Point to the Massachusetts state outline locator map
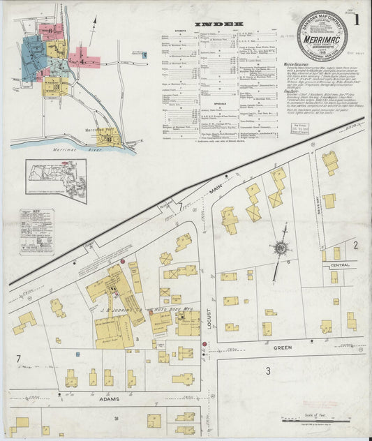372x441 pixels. [56, 180]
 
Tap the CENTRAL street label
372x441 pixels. [340, 266]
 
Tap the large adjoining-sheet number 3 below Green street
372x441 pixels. [267, 371]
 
